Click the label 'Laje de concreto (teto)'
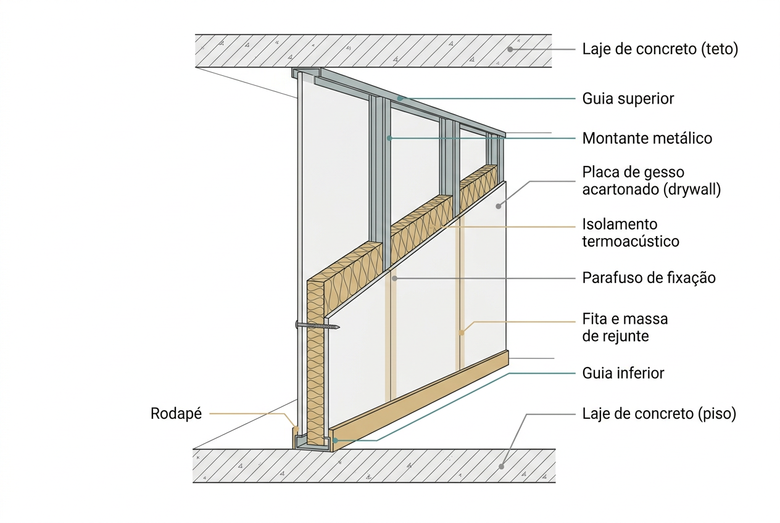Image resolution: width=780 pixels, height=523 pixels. pos(660,49)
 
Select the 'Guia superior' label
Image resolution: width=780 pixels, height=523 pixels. pos(628,99)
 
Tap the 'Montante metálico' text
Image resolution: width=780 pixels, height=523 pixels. pos(647,139)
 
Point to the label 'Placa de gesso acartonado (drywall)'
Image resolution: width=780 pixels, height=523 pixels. pos(652,181)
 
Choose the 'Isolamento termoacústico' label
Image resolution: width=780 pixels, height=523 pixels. pos(631,233)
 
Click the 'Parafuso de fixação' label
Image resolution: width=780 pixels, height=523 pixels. pos(649,278)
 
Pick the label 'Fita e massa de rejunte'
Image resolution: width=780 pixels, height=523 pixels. pos(625,327)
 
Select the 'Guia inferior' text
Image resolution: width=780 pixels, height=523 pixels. pos(623,373)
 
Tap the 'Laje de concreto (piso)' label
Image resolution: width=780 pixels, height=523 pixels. pos(659,414)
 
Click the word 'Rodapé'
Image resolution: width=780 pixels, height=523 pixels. pos(176,414)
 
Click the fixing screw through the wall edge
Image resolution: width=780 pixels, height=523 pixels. pos(317,326)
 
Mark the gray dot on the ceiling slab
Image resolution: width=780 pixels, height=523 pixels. pos(510,49)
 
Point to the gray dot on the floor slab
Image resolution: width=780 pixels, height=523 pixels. pos(502,467)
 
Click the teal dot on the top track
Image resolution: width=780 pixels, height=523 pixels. pos(400,99)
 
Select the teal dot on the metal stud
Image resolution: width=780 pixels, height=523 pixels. pos(389,138)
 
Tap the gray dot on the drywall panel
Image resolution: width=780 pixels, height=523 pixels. pos(498,207)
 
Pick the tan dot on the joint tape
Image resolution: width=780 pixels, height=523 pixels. pos(462,332)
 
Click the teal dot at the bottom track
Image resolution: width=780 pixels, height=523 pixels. pos(335,440)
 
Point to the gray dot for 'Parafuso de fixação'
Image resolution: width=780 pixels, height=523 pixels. pos(394,278)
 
